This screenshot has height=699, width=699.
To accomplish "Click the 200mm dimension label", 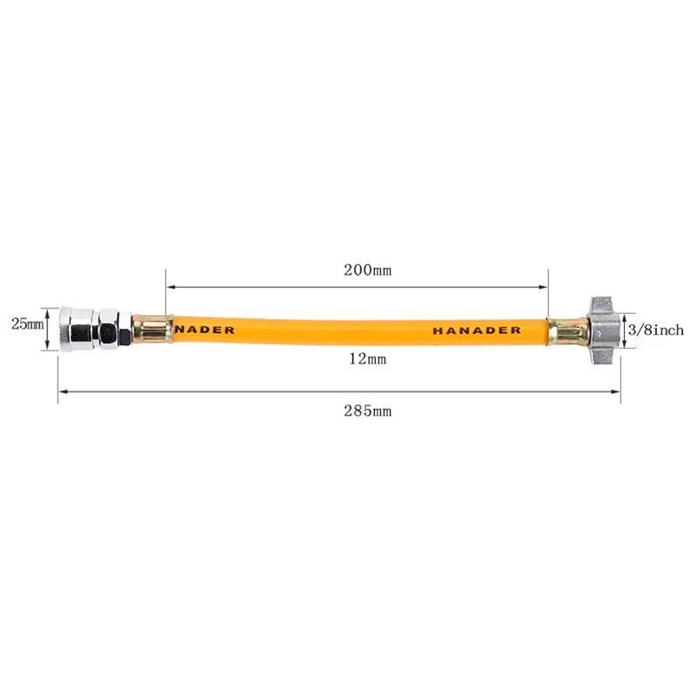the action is pos(367,270).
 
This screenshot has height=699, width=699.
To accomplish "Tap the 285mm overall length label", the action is pos(367,411).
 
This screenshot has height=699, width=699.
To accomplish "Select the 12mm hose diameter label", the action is pos(367,359).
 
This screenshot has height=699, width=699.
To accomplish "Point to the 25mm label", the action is pos(27,324).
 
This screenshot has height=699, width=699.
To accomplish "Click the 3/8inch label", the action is pos(656,330).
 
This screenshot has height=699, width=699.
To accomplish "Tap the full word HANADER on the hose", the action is pos(476,331).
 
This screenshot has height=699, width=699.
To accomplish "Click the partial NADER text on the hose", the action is pos(204,330).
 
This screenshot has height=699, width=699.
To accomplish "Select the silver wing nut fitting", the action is pos(604,331).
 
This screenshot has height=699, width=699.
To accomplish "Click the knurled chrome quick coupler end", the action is pos(76,329).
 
